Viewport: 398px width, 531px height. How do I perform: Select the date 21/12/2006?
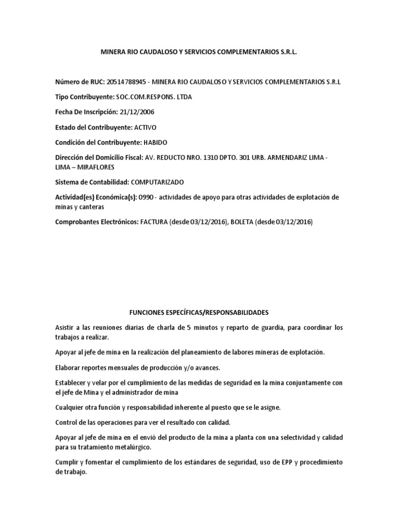pyautogui.click(x=140, y=112)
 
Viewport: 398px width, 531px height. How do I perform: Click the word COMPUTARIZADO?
pyautogui.click(x=158, y=182)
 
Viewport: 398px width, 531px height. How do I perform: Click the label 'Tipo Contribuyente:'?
pyautogui.click(x=84, y=97)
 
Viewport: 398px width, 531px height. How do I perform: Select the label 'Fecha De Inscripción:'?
pyautogui.click(x=88, y=112)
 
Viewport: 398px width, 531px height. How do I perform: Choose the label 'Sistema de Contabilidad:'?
pyautogui.click(x=92, y=182)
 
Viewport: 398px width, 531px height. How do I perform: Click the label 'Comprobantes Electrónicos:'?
pyautogui.click(x=95, y=222)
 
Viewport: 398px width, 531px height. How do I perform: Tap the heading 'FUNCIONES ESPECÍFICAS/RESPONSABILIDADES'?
pyautogui.click(x=198, y=313)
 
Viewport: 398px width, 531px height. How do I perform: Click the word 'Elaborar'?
pyautogui.click(x=69, y=367)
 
